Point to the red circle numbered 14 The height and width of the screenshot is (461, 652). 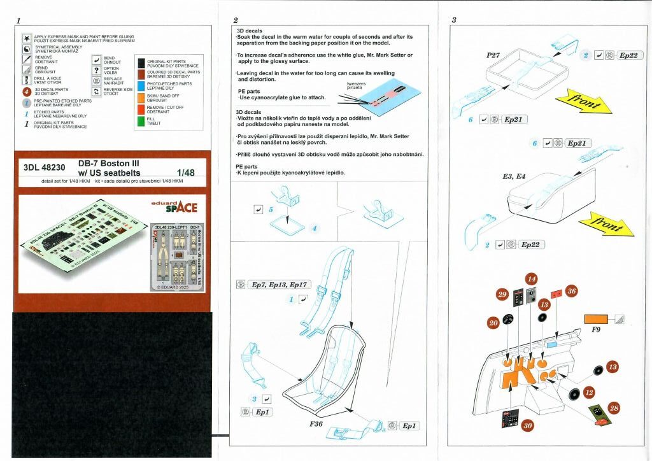(x=531, y=279)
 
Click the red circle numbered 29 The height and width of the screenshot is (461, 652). (x=502, y=294)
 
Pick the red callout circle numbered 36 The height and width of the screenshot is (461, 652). (x=571, y=291)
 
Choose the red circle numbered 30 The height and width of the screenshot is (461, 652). (x=528, y=425)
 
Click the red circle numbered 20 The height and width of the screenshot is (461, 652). (x=493, y=323)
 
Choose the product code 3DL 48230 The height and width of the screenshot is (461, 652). (x=45, y=169)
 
